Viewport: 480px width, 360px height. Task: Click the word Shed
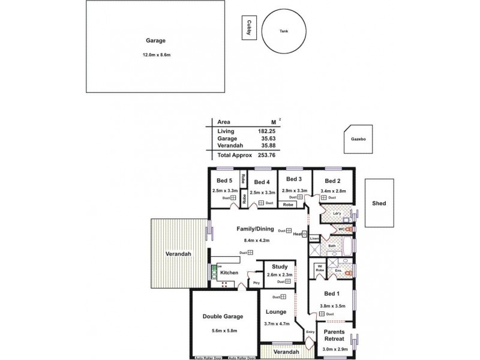(379, 203)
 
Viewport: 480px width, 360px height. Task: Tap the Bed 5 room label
(224, 181)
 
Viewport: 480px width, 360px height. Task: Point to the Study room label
(279, 267)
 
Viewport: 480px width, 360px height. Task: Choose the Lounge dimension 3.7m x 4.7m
(277, 324)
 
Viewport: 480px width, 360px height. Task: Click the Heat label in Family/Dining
(297, 233)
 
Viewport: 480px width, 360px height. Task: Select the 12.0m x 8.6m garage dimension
(157, 55)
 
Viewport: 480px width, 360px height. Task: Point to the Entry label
(310, 332)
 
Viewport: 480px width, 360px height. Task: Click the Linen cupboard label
(314, 239)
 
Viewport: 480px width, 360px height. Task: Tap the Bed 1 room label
(331, 294)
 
